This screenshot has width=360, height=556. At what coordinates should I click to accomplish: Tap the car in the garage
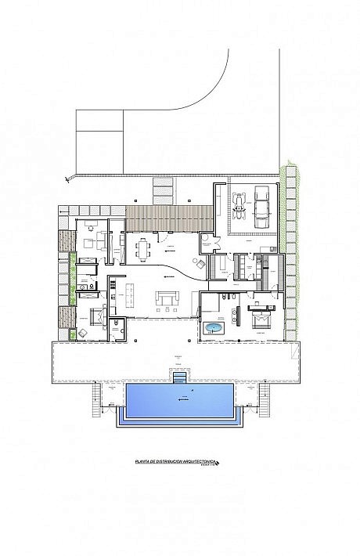coord(261,205)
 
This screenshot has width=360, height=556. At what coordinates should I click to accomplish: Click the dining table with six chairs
coord(143,250)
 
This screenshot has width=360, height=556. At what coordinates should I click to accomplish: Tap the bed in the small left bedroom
coord(95,317)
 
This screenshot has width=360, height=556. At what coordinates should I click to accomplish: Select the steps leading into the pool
coord(181,378)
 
